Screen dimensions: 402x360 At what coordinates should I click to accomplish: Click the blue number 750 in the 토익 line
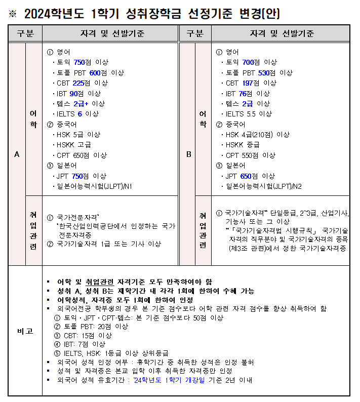(x=79, y=62)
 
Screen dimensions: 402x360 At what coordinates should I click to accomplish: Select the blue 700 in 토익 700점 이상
(x=248, y=62)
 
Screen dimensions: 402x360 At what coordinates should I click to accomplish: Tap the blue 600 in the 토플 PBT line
(x=95, y=73)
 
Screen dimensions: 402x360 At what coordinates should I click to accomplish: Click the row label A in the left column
(x=17, y=154)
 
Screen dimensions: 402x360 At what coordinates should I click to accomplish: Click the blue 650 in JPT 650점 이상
(x=246, y=176)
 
